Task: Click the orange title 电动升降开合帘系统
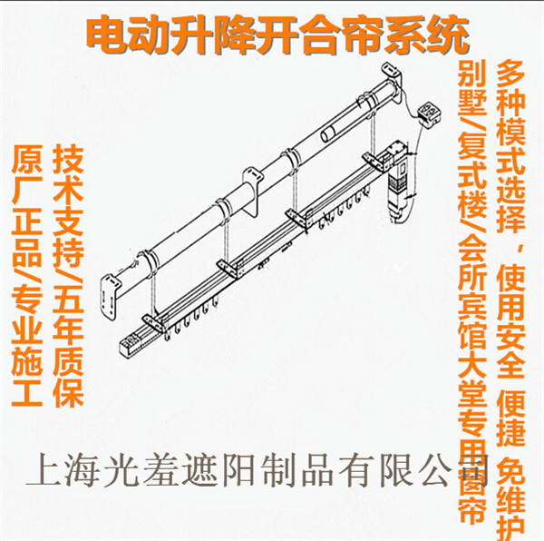tap(277, 35)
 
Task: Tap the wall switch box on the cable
tap(429, 114)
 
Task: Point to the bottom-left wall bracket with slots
tap(111, 296)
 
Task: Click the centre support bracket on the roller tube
tap(253, 192)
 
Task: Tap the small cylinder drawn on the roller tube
tap(328, 133)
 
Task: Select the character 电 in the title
tap(105, 35)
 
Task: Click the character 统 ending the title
tap(449, 35)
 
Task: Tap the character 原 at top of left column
tap(26, 160)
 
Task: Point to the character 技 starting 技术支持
tap(68, 160)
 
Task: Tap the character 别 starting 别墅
tap(471, 73)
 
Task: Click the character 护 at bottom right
tap(510, 527)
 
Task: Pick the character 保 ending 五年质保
tap(68, 392)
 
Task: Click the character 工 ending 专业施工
tap(26, 392)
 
